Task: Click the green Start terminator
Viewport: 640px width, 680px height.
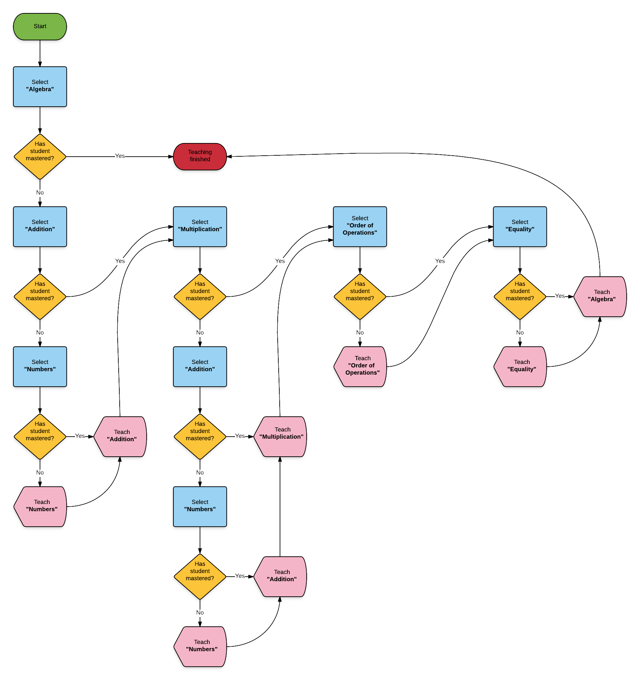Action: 40,26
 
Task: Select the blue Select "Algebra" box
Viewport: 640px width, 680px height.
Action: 40,87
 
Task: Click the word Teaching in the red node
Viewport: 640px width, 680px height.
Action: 200,152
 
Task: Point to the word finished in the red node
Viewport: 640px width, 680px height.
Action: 200,159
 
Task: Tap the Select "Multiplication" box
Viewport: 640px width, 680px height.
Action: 200,226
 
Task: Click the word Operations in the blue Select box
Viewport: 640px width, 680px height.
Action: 360,233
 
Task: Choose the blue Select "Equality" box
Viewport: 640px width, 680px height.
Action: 520,226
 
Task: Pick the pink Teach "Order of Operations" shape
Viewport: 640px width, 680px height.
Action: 361,366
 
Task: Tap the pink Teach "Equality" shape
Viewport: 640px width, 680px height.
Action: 521,366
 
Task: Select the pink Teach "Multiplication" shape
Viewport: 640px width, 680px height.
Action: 281,436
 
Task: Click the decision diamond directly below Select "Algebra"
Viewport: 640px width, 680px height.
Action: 40,157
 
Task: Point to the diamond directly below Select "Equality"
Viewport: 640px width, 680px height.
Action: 520,297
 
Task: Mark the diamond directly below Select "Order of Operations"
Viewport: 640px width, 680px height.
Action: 360,297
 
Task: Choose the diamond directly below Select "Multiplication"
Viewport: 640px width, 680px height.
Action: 200,297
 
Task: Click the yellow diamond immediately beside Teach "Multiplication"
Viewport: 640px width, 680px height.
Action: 200,436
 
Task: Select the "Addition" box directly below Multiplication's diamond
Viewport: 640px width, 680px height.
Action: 200,366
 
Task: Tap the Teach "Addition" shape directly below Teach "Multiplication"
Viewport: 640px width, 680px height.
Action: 281,576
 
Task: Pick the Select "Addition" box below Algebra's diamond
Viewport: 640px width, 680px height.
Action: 40,226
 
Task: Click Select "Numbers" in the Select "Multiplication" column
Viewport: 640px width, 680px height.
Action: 200,506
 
